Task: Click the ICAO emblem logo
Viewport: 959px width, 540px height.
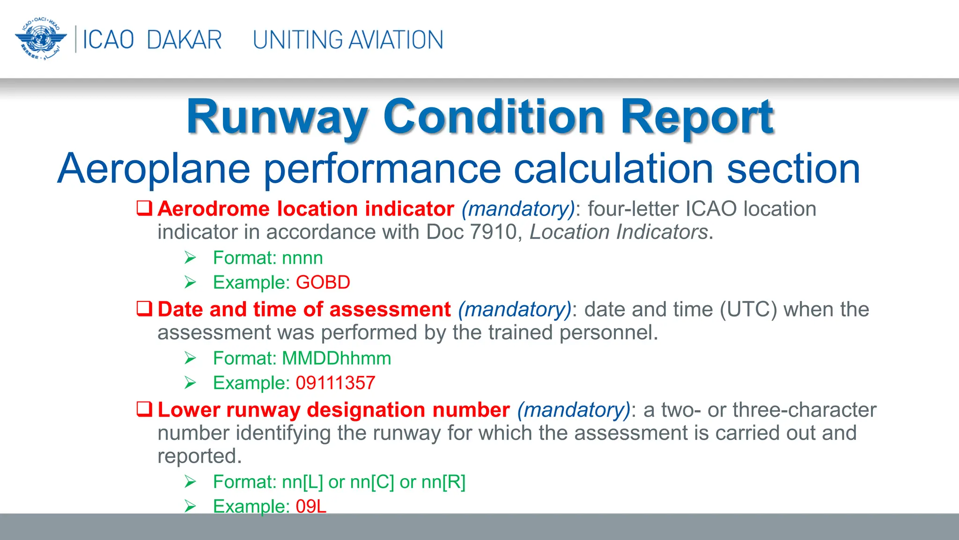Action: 41,39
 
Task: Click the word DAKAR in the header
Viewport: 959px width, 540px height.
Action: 184,40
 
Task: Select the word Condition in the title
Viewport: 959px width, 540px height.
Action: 494,117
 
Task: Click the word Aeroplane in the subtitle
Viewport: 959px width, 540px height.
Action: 154,169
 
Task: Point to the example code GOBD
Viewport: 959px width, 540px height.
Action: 323,283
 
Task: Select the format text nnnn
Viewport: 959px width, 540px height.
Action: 302,258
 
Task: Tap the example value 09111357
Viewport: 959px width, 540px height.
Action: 335,383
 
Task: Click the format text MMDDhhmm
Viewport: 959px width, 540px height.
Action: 336,359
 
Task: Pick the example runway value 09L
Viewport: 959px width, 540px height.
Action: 311,506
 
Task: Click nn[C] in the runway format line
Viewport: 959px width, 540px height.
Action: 372,482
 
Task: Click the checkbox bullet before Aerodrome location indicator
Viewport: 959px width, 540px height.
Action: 144,208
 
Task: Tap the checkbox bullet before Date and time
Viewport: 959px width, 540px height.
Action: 144,308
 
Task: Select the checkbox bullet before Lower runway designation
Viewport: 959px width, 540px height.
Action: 144,409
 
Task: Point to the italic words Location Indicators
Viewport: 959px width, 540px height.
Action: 619,232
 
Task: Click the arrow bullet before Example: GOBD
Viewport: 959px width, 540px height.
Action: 190,283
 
